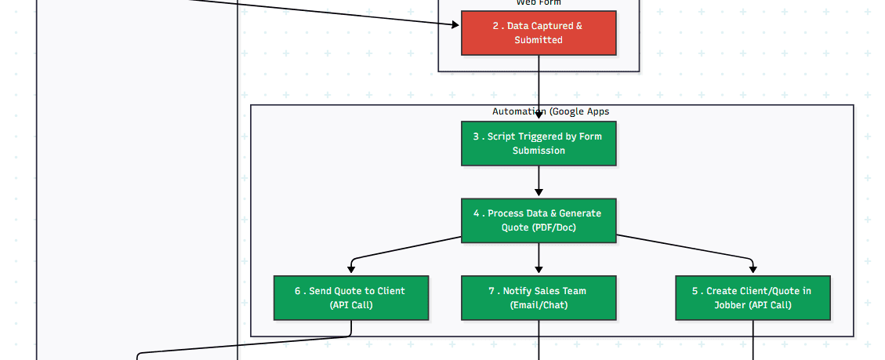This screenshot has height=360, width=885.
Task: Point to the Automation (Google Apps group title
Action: pyautogui.click(x=550, y=111)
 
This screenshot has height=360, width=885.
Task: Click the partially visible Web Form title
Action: pyautogui.click(x=539, y=3)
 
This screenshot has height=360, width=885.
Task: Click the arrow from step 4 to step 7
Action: pyautogui.click(x=539, y=257)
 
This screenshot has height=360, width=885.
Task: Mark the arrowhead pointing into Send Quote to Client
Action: pyautogui.click(x=351, y=270)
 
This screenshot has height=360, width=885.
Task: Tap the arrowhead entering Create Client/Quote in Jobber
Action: pyautogui.click(x=753, y=270)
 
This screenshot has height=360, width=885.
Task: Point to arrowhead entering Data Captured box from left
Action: pyautogui.click(x=455, y=25)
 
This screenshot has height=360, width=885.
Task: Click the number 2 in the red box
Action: pyautogui.click(x=495, y=26)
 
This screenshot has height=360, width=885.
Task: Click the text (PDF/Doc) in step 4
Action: pyautogui.click(x=553, y=228)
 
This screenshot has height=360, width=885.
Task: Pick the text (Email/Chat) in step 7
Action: pyautogui.click(x=539, y=305)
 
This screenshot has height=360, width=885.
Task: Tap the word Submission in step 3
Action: pyautogui.click(x=539, y=151)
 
